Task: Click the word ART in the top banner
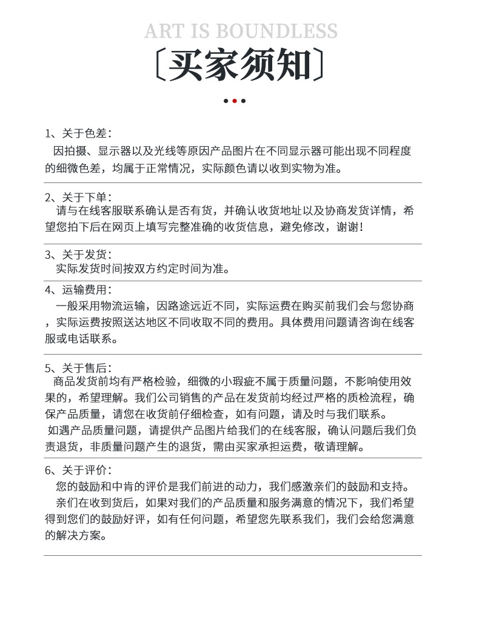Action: (164, 31)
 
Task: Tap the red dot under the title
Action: (235, 101)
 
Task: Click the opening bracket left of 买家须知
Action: (158, 65)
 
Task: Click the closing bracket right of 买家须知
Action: (319, 65)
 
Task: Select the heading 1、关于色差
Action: (78, 133)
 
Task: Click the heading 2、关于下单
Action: (78, 197)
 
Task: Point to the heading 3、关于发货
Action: (78, 255)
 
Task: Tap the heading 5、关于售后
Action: (78, 367)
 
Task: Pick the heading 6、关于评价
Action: (78, 470)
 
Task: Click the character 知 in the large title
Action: (293, 65)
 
